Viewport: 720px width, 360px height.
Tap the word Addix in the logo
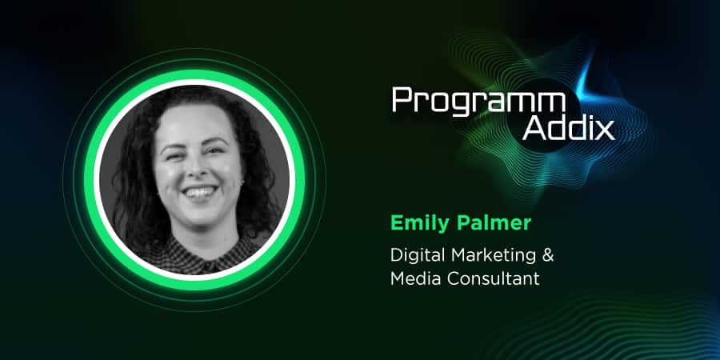(x=569, y=128)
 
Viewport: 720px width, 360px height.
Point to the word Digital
(x=414, y=256)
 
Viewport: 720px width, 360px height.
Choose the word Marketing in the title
(x=489, y=256)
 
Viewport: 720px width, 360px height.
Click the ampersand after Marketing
(x=547, y=255)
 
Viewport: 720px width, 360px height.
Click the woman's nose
(x=197, y=169)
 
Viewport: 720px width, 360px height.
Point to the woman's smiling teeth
(x=199, y=190)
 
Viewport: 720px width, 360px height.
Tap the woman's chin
(x=202, y=214)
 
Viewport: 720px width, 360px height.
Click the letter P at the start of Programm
(x=402, y=100)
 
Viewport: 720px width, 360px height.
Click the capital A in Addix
(x=534, y=129)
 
